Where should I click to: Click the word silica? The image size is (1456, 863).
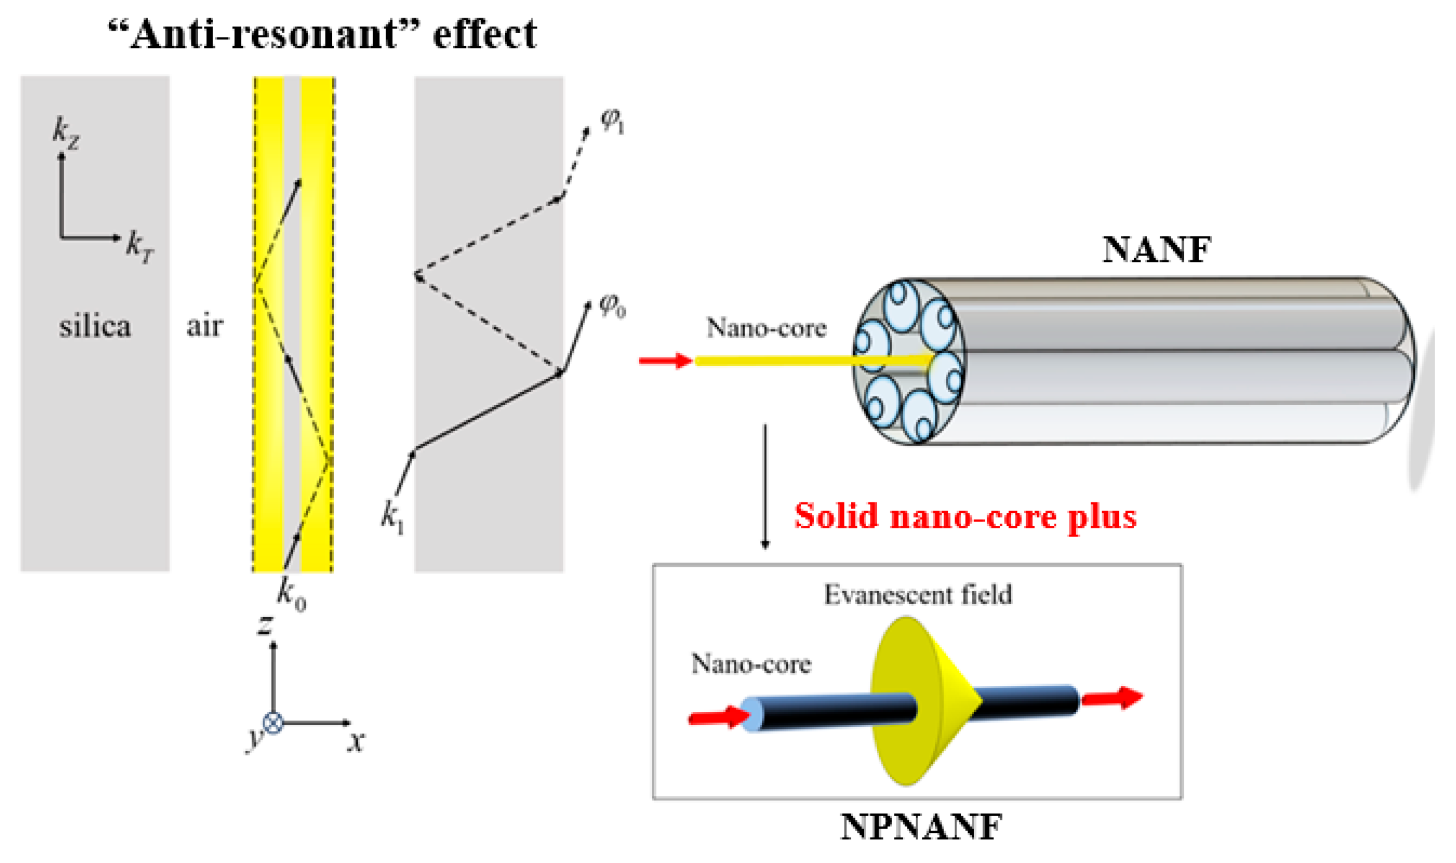point(94,326)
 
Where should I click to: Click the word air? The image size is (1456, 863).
point(204,326)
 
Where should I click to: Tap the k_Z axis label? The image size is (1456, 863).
point(65,133)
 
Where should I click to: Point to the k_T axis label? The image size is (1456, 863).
point(139,246)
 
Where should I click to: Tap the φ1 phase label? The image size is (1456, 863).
point(612,121)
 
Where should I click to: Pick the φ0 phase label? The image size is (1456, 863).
point(612,306)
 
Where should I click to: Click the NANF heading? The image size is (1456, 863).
point(1156,250)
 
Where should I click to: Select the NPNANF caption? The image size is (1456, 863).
point(920,826)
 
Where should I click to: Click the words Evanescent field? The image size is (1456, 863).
point(918,594)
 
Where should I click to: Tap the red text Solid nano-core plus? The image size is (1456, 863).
point(965,517)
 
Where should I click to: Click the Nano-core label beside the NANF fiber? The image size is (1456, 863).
point(766,328)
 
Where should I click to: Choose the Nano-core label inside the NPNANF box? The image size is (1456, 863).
point(751,664)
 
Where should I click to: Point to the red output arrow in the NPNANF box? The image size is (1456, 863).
point(1112,698)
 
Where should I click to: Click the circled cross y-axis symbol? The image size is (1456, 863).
point(273,723)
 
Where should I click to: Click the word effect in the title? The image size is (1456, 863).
point(485,34)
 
